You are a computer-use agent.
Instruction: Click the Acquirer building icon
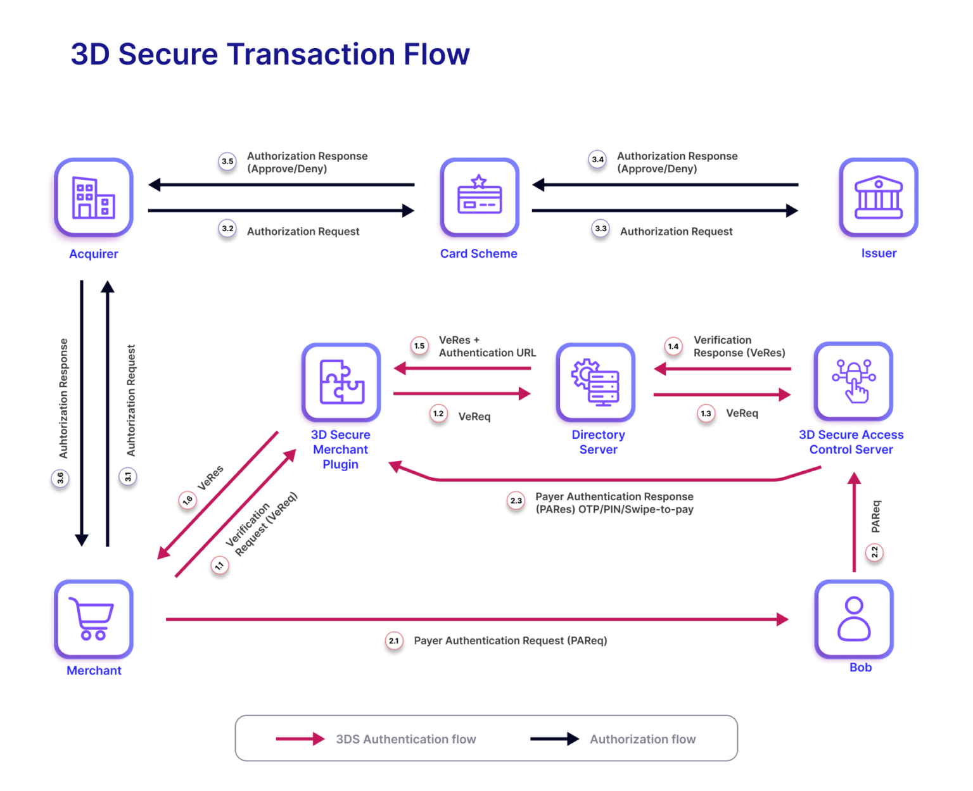tap(94, 197)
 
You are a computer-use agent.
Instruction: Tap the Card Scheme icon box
tap(480, 197)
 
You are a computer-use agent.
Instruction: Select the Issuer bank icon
tap(878, 197)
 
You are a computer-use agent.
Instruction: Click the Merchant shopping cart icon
tap(94, 619)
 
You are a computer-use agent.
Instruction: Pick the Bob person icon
tap(853, 619)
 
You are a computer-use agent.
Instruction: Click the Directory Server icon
tap(595, 382)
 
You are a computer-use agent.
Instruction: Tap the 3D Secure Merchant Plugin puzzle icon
tap(341, 382)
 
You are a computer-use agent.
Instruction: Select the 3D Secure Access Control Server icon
tap(853, 381)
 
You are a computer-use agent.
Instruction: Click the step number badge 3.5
tap(227, 161)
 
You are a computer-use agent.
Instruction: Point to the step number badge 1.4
tap(673, 346)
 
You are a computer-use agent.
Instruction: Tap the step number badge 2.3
tap(516, 501)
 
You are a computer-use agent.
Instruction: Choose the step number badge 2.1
tap(394, 641)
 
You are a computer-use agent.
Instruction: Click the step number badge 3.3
tap(601, 229)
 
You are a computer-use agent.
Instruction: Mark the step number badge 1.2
tap(438, 414)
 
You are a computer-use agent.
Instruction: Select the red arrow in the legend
tap(300, 739)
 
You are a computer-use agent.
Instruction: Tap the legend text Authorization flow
tap(642, 739)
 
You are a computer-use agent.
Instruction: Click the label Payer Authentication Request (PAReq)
tap(511, 641)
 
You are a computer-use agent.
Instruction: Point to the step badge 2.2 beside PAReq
tap(875, 552)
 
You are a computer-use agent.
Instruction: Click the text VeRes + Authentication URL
tap(487, 346)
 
